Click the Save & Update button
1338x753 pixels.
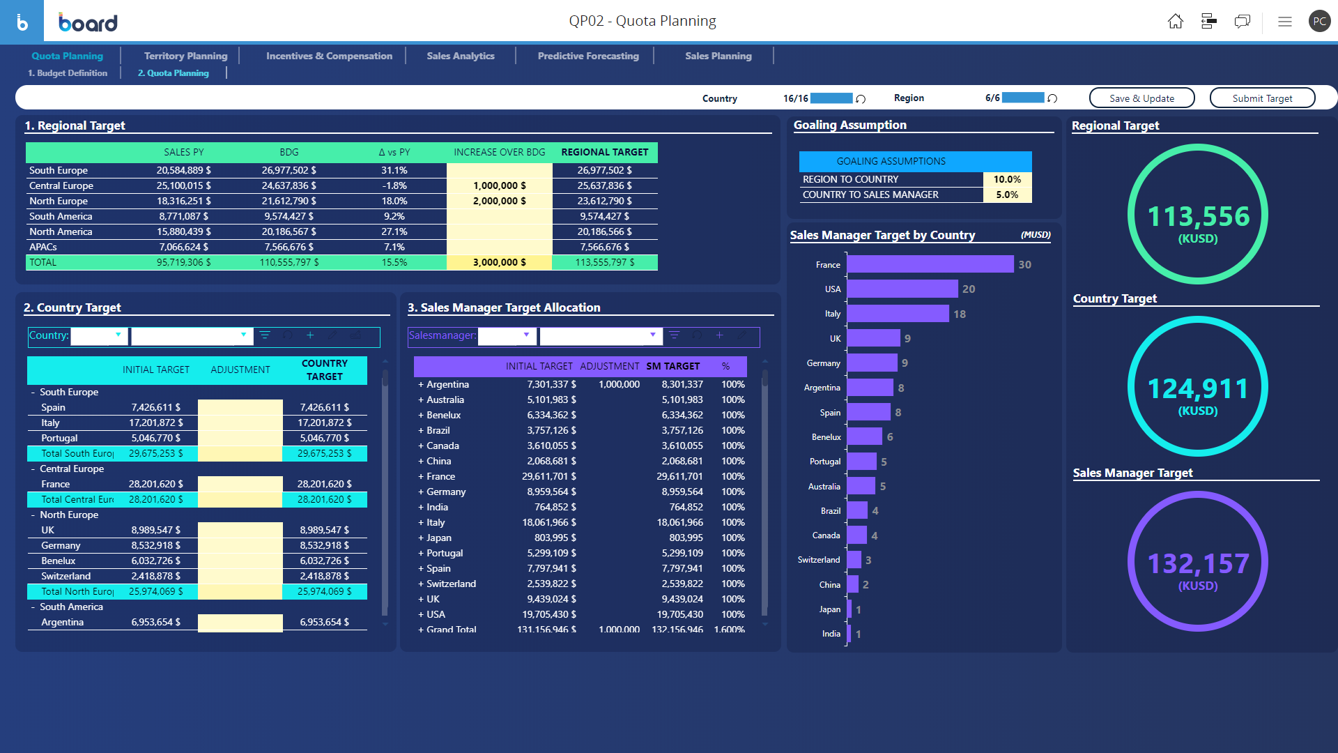click(1141, 98)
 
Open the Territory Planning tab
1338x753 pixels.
click(185, 56)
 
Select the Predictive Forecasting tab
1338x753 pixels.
click(587, 56)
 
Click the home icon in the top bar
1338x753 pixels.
click(1175, 22)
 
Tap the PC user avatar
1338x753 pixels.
click(1318, 22)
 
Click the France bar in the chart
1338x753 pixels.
click(930, 264)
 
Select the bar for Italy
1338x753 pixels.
click(898, 314)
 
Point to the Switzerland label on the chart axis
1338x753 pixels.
click(818, 560)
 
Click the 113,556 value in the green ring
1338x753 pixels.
click(1198, 216)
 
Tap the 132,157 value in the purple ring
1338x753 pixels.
click(1198, 563)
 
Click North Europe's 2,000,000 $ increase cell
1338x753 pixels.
click(499, 201)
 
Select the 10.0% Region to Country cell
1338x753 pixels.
click(1007, 179)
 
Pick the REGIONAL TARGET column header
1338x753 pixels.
click(604, 152)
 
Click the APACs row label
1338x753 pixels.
click(43, 247)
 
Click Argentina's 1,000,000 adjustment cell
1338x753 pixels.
click(619, 384)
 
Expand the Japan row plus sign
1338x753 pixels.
click(421, 538)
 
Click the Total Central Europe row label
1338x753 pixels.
click(77, 499)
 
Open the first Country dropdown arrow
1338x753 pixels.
click(118, 335)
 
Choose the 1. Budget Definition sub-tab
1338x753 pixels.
click(68, 73)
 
